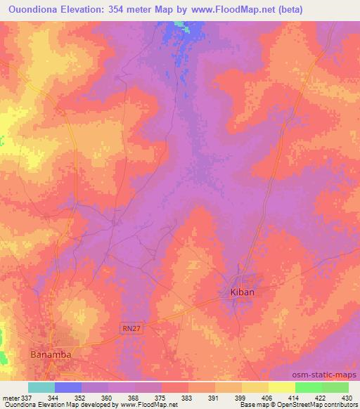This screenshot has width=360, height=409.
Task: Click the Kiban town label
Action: pyautogui.click(x=242, y=291)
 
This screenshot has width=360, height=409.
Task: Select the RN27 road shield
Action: pyautogui.click(x=129, y=328)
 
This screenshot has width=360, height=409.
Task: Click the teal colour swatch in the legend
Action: pyautogui.click(x=41, y=387)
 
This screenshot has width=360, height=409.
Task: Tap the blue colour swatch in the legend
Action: pyautogui.click(x=68, y=387)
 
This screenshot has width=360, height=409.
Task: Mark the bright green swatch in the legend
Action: pyautogui.click(x=309, y=387)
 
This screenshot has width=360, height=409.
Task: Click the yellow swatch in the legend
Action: pyautogui.click(x=282, y=387)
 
